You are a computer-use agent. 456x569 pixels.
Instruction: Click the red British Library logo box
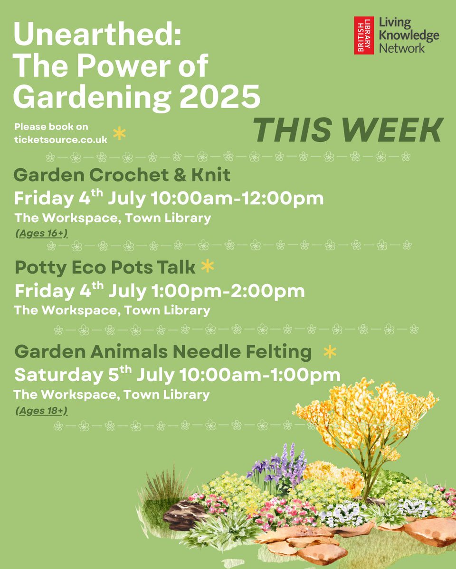click(x=364, y=36)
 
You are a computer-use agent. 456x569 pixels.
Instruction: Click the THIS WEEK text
click(x=347, y=129)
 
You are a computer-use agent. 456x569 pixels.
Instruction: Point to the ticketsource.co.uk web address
click(x=61, y=140)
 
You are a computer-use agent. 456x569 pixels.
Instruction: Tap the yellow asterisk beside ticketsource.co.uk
click(x=119, y=134)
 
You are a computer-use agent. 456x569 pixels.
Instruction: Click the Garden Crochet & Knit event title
click(x=122, y=175)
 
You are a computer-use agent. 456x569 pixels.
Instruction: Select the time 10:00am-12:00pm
click(x=237, y=198)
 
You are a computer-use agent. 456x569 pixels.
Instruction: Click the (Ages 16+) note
click(x=42, y=233)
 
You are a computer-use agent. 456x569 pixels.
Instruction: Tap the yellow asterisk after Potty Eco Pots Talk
click(x=207, y=267)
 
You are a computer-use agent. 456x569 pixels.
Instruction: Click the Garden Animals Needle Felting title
click(x=163, y=352)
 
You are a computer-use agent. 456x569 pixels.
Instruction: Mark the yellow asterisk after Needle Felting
click(x=329, y=352)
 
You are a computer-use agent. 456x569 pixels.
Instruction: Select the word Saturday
click(x=56, y=375)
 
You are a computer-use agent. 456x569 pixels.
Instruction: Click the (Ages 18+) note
click(x=41, y=410)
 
